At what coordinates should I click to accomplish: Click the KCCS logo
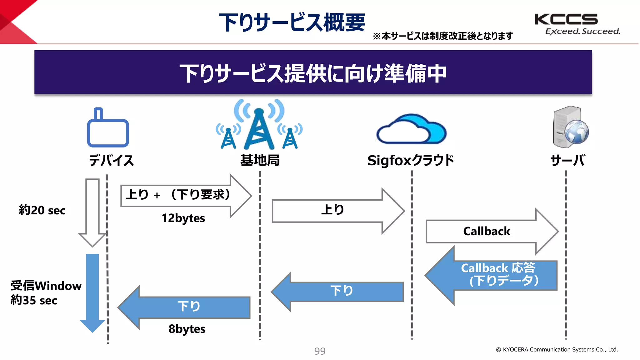(566, 19)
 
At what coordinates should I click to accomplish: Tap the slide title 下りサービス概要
(292, 22)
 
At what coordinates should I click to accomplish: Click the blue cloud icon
(411, 130)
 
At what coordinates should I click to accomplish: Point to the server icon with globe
(570, 127)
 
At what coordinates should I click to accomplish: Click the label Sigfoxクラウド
(410, 161)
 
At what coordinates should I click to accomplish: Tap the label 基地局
(260, 161)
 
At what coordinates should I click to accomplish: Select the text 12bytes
(183, 218)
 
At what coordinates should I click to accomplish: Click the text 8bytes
(187, 329)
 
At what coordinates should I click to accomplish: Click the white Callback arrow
(487, 232)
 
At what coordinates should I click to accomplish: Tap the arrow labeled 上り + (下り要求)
(181, 195)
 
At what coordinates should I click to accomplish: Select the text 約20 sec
(42, 210)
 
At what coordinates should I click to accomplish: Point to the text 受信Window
(46, 286)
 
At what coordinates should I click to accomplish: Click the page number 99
(320, 351)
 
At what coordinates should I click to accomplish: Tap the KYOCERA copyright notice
(557, 350)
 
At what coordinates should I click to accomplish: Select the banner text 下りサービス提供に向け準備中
(313, 73)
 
